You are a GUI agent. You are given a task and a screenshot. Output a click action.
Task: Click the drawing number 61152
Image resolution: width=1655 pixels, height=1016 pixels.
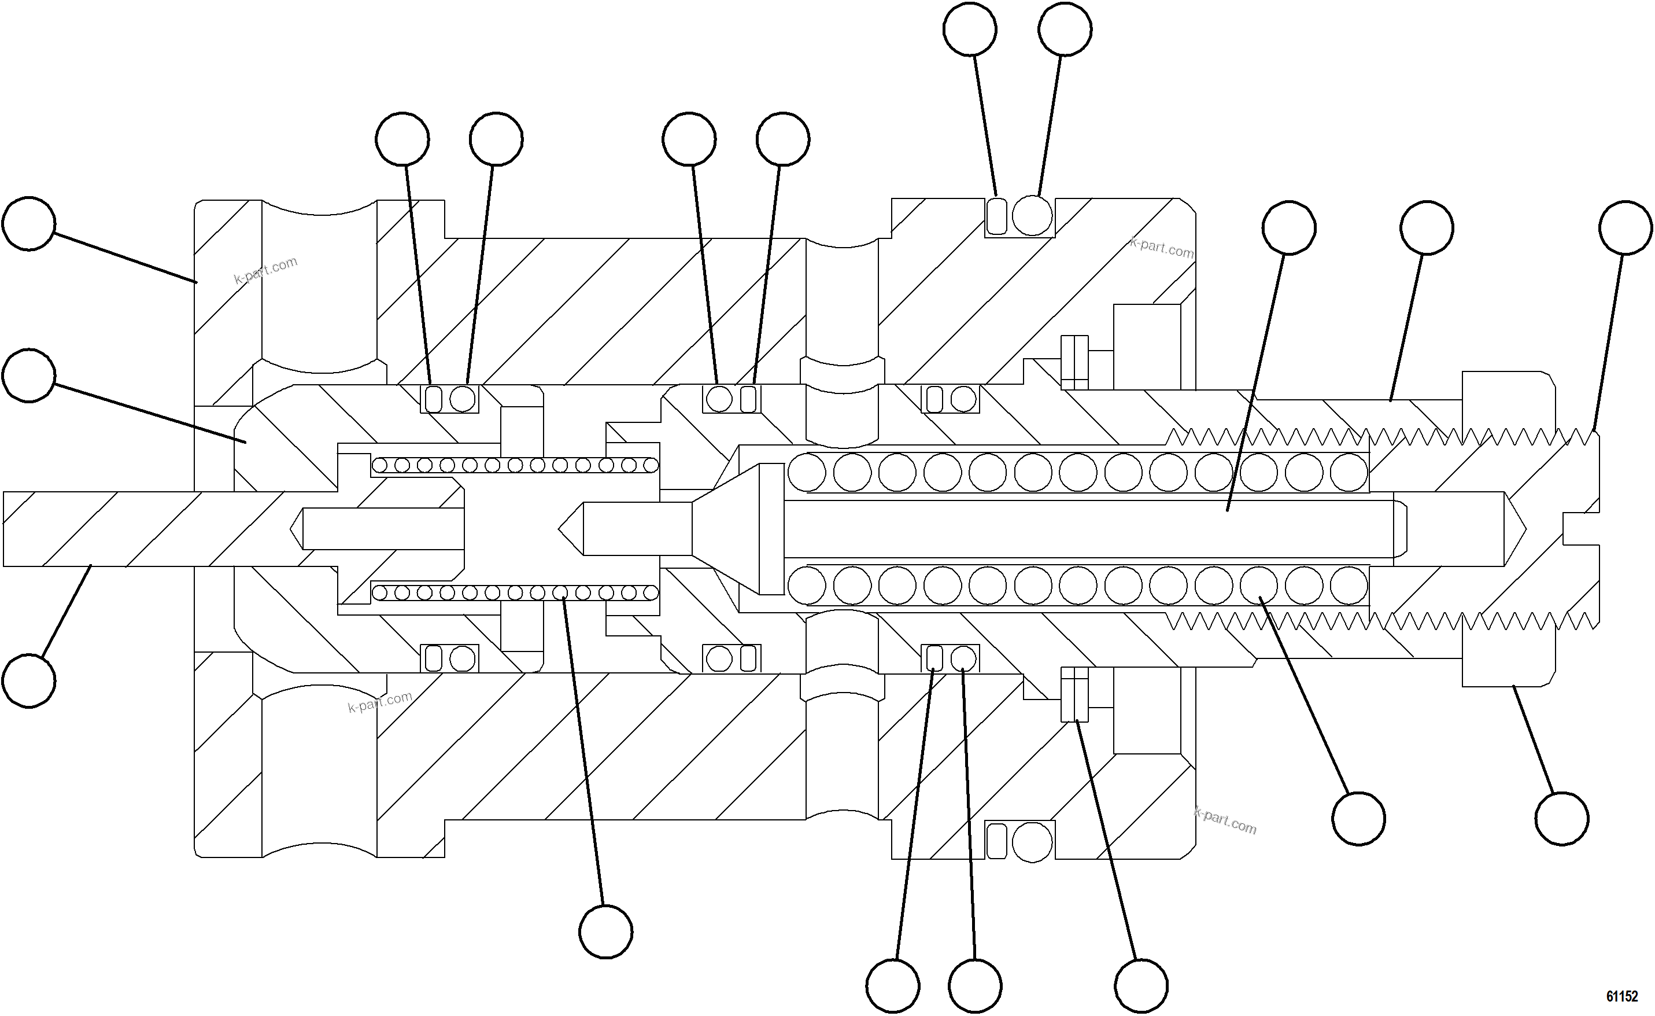(x=1621, y=996)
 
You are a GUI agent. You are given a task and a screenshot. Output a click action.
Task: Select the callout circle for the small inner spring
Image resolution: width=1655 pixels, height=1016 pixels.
(x=605, y=932)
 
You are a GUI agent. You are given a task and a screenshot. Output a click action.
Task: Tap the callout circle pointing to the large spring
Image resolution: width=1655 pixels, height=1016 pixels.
(x=1358, y=819)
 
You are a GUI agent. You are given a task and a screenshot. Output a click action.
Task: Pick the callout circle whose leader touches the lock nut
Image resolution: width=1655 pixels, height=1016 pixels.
(x=1562, y=819)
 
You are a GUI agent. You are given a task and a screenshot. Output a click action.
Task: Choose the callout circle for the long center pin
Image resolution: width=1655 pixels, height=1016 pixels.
(x=1288, y=228)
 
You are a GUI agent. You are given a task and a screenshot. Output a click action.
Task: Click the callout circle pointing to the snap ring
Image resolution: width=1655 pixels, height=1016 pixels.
(x=1141, y=986)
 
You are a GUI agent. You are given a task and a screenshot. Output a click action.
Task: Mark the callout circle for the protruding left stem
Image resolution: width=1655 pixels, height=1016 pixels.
(x=28, y=680)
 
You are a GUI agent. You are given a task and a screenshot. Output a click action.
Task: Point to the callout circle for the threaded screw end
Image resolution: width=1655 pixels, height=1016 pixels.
(x=1626, y=228)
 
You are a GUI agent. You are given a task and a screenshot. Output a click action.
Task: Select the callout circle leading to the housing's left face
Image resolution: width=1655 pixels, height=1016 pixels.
(x=28, y=224)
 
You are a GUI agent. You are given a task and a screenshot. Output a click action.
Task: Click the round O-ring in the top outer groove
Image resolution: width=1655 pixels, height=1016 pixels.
(x=1032, y=216)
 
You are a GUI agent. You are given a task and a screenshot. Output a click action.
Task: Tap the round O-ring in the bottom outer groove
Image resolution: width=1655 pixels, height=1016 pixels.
(x=1032, y=842)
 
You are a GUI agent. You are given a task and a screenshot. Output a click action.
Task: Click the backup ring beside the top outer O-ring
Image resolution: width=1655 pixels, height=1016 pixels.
(x=997, y=216)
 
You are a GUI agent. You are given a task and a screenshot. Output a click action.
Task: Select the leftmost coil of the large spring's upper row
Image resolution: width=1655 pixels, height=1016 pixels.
(x=806, y=472)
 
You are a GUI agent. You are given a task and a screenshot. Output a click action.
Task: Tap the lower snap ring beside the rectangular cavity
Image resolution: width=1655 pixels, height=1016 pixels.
(x=1074, y=694)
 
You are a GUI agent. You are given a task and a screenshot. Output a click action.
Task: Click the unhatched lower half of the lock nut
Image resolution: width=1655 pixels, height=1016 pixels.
(x=1509, y=652)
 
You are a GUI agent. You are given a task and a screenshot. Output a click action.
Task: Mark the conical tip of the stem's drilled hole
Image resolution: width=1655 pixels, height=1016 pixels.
(x=295, y=529)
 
